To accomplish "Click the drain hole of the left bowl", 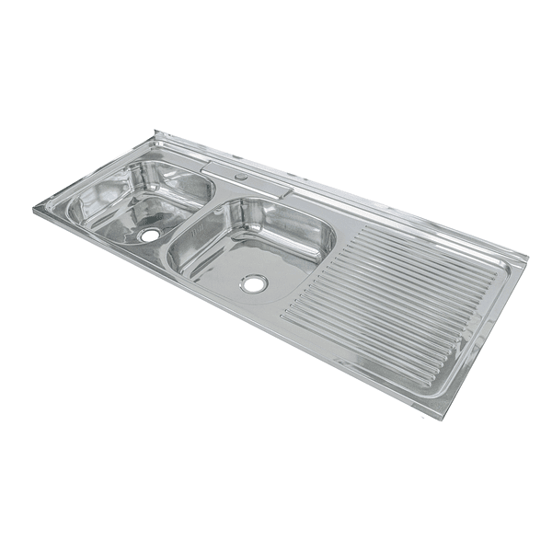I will (149, 236).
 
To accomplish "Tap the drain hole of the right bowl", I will (254, 283).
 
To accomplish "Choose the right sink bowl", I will (251, 245).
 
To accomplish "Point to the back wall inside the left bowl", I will (170, 175).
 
